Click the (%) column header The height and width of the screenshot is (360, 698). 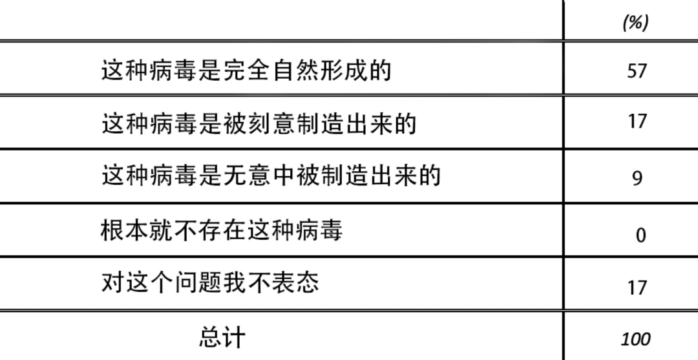[635, 23]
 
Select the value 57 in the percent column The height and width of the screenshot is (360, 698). [637, 70]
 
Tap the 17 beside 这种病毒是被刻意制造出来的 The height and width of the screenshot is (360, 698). [637, 122]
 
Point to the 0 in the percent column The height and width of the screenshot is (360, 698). [640, 235]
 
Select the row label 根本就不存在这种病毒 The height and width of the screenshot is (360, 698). [222, 229]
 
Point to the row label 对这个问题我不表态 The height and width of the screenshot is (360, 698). [210, 282]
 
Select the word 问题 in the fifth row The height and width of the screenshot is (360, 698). [198, 282]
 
